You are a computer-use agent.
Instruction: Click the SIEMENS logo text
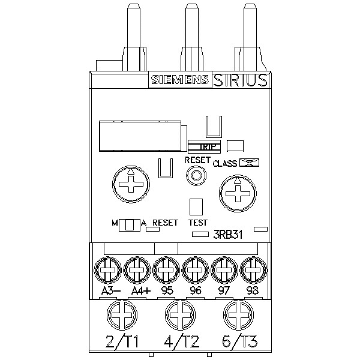click(x=180, y=80)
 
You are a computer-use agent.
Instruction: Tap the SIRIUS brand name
click(x=241, y=80)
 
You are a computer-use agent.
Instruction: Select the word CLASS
click(x=225, y=163)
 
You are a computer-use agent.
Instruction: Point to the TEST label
click(x=198, y=223)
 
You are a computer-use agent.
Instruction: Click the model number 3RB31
click(x=228, y=235)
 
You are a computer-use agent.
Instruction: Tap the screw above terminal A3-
click(x=107, y=270)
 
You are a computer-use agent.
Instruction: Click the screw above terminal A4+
click(x=137, y=270)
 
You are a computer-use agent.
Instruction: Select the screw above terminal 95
click(x=166, y=270)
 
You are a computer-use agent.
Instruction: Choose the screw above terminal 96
click(x=195, y=270)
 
